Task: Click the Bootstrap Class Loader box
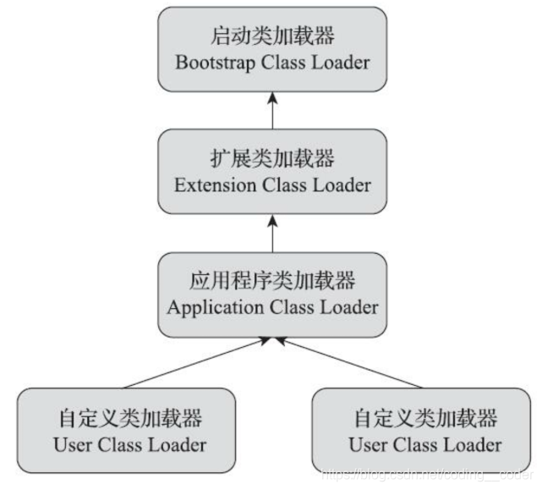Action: click(272, 50)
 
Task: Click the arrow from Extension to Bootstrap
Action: click(272, 110)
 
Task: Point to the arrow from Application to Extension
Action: click(272, 233)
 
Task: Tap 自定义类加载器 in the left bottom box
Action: click(129, 418)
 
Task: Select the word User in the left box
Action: click(72, 443)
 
